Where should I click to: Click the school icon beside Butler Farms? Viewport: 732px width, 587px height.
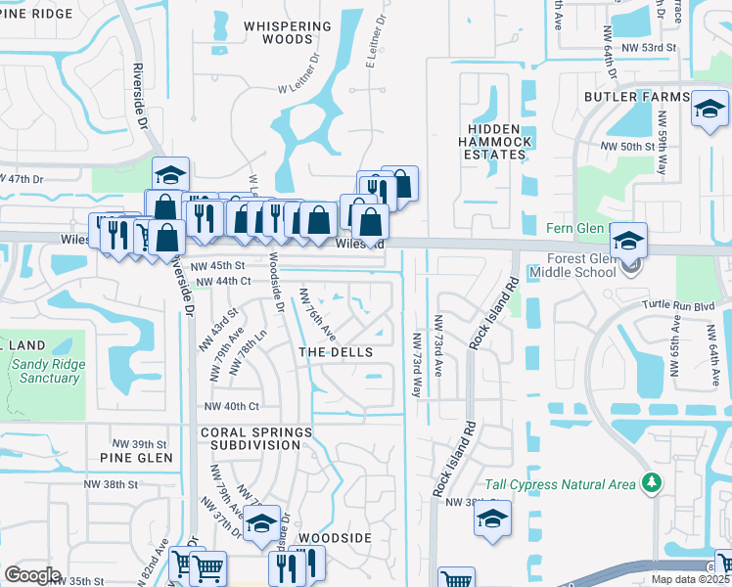(x=710, y=110)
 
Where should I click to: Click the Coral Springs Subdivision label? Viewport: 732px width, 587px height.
(x=256, y=438)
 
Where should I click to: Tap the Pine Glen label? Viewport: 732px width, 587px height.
(x=136, y=457)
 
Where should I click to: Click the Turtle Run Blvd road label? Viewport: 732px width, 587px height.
(x=680, y=305)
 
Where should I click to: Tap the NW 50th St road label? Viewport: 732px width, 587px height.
(x=626, y=146)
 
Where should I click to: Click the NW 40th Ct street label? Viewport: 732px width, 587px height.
(x=231, y=406)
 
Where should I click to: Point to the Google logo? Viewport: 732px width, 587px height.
(x=32, y=575)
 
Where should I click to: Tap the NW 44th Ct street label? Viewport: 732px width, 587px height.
(x=223, y=282)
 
